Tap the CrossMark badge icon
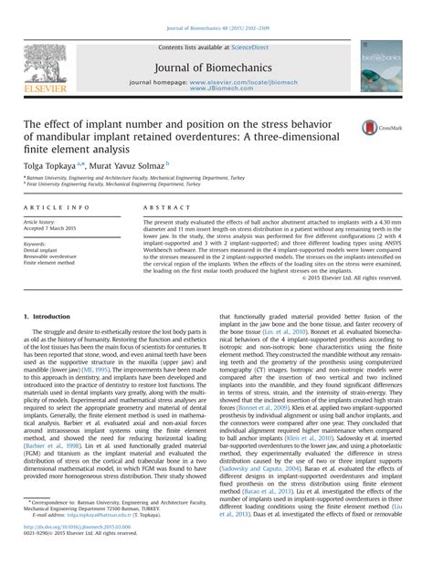coord(374,128)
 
